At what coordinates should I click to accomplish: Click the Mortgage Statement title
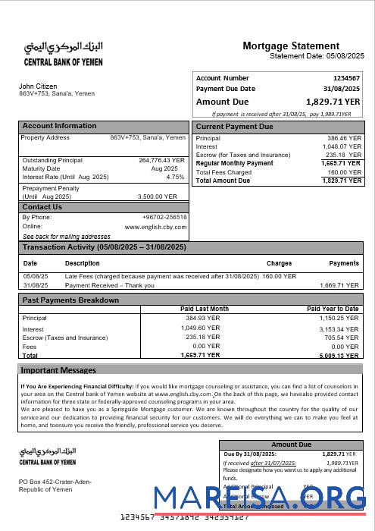point(291,46)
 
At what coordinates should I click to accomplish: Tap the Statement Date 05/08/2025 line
point(317,56)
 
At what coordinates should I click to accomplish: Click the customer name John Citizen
point(38,86)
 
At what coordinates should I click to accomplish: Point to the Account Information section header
point(59,126)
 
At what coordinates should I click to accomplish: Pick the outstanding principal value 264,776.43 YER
point(161,160)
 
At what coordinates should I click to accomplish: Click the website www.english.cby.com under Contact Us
point(155,227)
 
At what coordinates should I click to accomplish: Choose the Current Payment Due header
point(234,127)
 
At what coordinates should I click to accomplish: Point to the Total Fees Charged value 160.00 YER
point(344,172)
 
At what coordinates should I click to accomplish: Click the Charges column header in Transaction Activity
point(279,263)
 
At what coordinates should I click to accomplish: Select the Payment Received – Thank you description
point(110,285)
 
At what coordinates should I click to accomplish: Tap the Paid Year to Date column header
point(333,309)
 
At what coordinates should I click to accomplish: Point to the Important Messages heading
point(58,370)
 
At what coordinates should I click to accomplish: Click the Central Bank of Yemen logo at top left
point(60,52)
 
